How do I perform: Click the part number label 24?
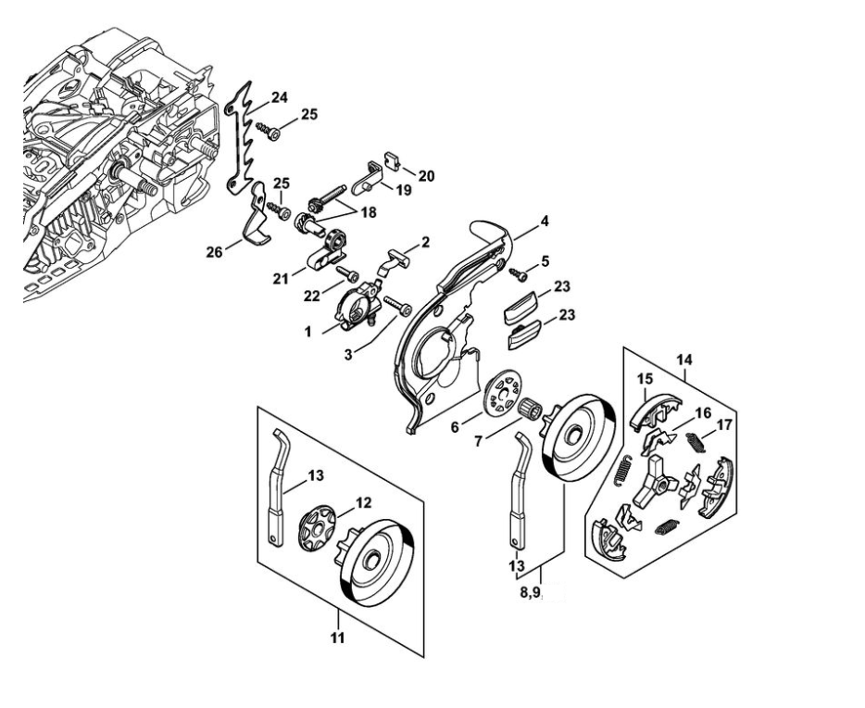[x=280, y=96]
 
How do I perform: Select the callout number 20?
[x=426, y=174]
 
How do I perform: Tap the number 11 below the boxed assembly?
[x=337, y=638]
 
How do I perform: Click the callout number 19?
[x=405, y=191]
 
